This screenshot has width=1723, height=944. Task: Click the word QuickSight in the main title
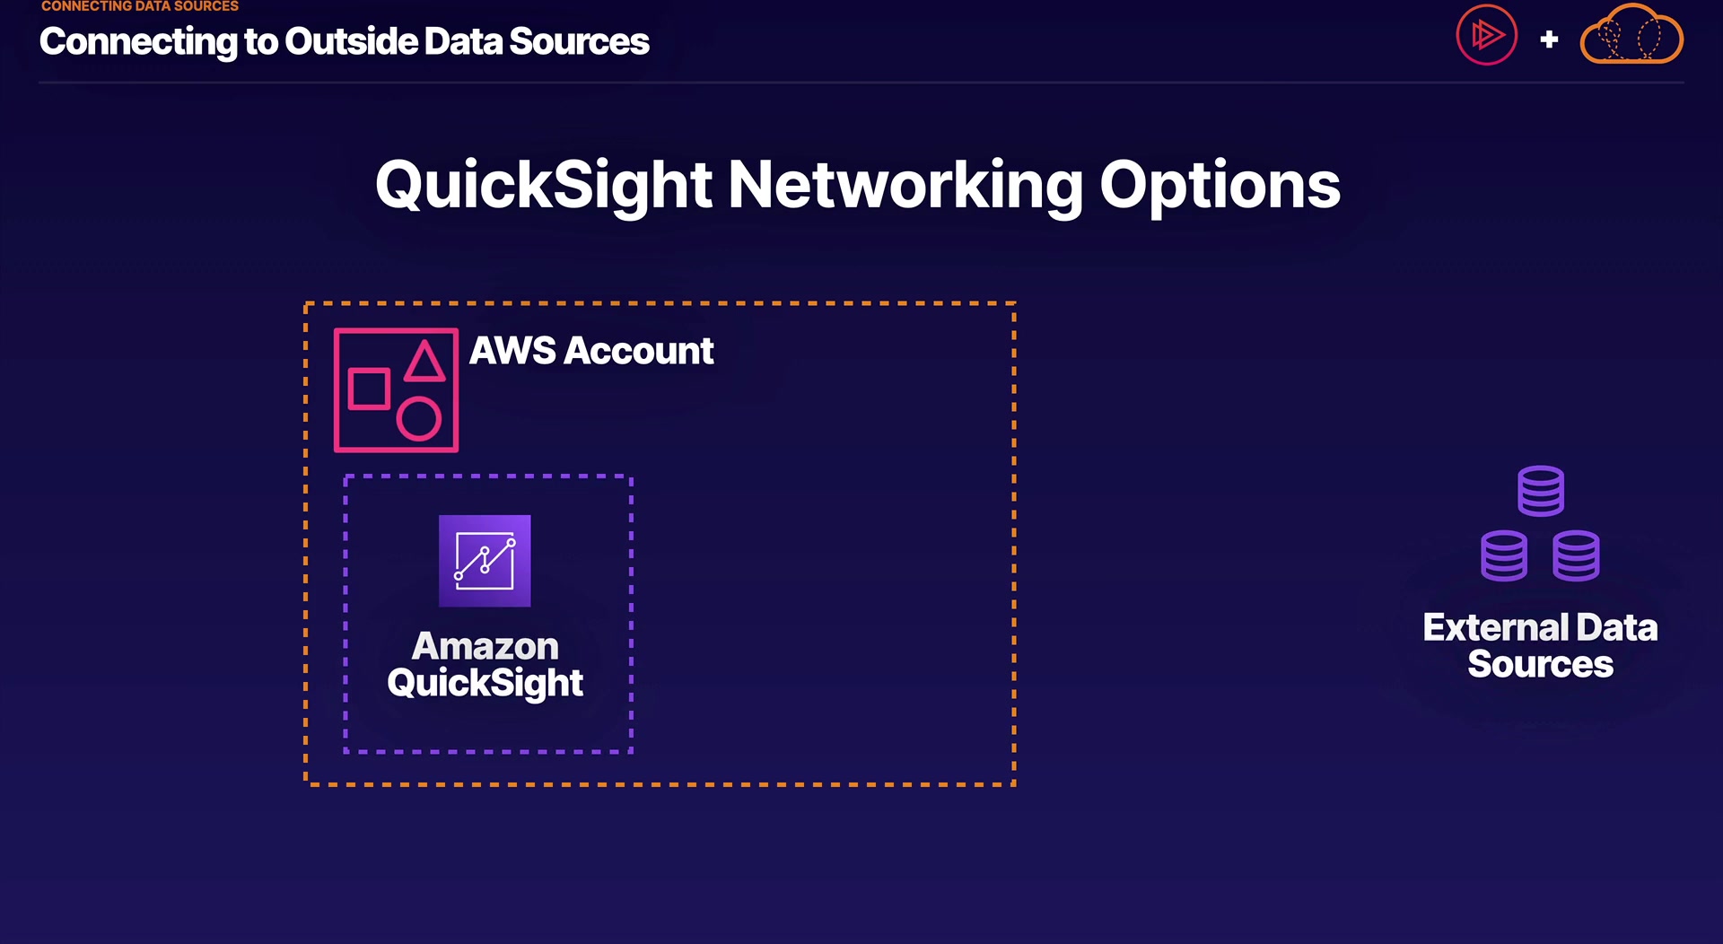click(x=543, y=186)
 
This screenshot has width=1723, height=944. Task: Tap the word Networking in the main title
click(x=905, y=186)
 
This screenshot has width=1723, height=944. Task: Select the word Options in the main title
click(x=1220, y=186)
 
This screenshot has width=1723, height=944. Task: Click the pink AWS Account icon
click(x=396, y=390)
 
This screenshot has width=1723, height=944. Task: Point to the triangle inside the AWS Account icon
click(x=424, y=363)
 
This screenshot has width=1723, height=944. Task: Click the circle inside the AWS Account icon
click(x=419, y=419)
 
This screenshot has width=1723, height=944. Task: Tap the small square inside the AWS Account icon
click(x=369, y=389)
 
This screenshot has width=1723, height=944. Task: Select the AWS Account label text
click(x=591, y=351)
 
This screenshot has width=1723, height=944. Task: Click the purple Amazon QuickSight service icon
click(x=485, y=561)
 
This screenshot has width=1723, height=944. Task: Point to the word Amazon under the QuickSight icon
click(x=485, y=646)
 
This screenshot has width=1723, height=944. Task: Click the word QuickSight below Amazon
click(x=485, y=684)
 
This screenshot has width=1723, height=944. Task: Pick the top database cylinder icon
click(x=1541, y=491)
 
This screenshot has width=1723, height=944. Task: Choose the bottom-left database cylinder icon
click(x=1504, y=556)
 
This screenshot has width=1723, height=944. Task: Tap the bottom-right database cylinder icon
click(x=1577, y=556)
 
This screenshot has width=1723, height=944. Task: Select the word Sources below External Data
click(x=1540, y=665)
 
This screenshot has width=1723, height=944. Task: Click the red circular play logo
click(x=1486, y=36)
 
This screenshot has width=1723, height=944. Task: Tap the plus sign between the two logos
click(x=1549, y=39)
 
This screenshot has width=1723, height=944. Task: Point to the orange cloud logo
click(x=1631, y=36)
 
